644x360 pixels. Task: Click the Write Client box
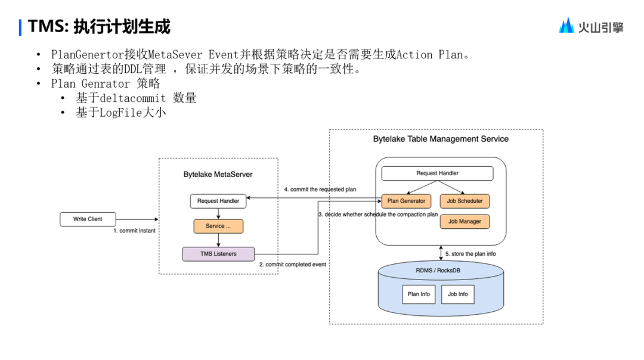(x=88, y=219)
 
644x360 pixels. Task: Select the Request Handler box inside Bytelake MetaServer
(x=218, y=201)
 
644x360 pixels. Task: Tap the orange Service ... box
(x=218, y=226)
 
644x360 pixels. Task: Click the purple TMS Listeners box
(x=218, y=254)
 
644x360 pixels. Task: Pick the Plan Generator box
(x=406, y=201)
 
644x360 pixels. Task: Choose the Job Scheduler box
(x=465, y=201)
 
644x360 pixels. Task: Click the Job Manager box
(x=465, y=222)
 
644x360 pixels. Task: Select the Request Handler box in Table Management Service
(x=437, y=173)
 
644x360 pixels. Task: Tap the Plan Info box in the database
(x=419, y=294)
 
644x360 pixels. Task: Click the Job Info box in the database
(x=458, y=294)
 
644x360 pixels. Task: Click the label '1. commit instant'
(x=135, y=231)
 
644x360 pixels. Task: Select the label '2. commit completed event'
(x=292, y=264)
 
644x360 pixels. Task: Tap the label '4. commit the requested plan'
(x=320, y=190)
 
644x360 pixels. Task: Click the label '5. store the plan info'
(x=470, y=254)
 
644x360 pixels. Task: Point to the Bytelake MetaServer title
(x=218, y=175)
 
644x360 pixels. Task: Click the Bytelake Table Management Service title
(x=441, y=139)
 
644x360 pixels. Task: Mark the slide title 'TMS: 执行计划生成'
(x=99, y=27)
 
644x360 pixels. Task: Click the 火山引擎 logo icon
(x=566, y=26)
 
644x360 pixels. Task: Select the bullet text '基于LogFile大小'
(x=120, y=113)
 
